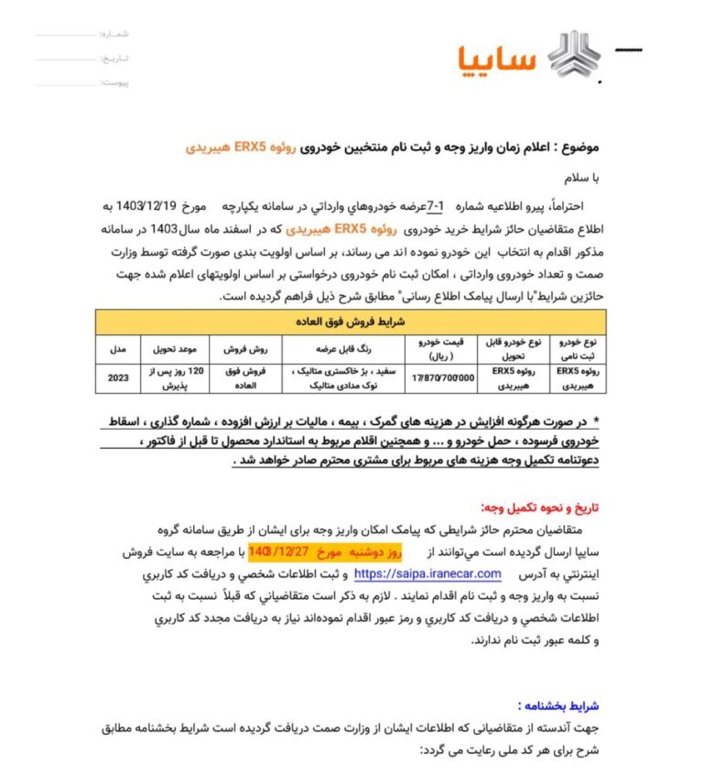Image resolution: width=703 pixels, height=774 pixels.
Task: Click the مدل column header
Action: (x=117, y=349)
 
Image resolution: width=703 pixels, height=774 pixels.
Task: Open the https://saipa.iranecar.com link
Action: (x=427, y=574)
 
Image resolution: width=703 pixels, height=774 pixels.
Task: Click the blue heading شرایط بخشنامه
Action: (x=557, y=705)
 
